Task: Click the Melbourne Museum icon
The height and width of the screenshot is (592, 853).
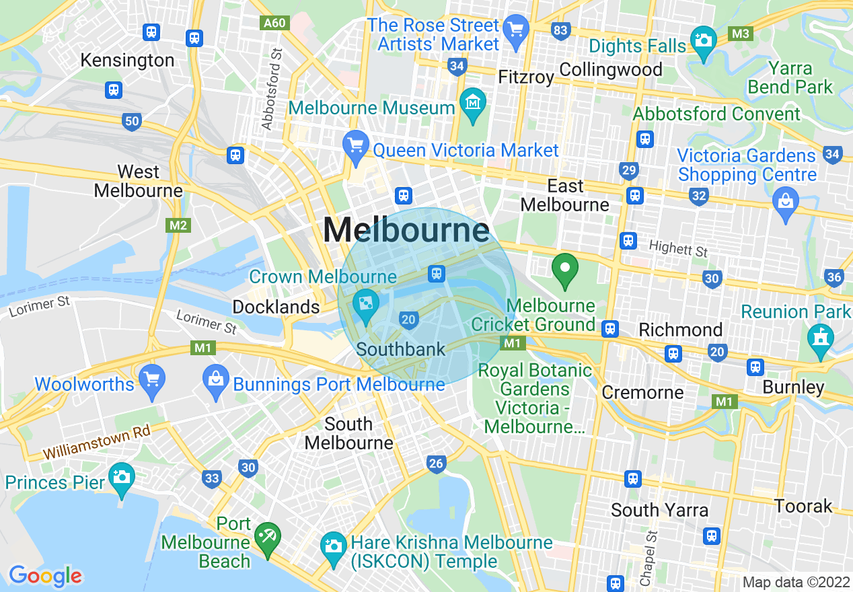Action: click(474, 103)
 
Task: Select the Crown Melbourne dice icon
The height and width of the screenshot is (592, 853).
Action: click(366, 304)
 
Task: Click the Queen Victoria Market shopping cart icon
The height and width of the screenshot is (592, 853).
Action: click(355, 145)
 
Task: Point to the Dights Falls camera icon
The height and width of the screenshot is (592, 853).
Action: click(704, 40)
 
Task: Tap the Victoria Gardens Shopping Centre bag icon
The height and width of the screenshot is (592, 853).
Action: click(785, 200)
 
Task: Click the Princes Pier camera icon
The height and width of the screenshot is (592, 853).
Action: click(121, 477)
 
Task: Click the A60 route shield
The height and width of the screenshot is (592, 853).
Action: click(274, 23)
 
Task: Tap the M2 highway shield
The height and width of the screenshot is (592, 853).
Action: click(178, 225)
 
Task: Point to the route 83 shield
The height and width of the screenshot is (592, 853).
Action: click(560, 30)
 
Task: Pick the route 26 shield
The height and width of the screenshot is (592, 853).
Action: click(436, 463)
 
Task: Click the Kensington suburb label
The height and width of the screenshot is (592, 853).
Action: click(127, 61)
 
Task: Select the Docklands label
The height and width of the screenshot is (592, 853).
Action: click(276, 307)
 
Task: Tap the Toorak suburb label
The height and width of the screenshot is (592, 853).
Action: click(803, 506)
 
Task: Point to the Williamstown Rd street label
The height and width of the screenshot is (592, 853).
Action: click(97, 443)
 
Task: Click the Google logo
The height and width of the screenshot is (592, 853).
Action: click(45, 576)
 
